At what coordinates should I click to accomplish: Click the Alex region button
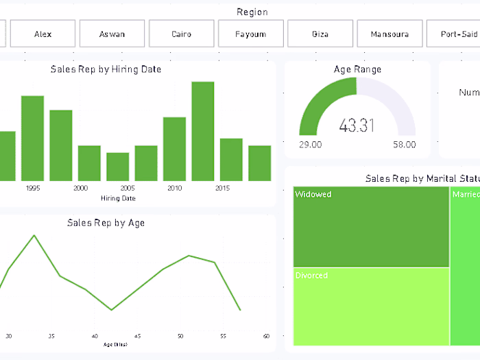pos(43,34)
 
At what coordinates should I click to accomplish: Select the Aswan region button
pos(112,34)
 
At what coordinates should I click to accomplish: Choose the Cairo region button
pos(182,34)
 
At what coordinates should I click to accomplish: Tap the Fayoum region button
pos(251,34)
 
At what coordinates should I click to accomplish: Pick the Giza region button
pos(320,34)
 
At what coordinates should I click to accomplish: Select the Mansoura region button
pos(389,34)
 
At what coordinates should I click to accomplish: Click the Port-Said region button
pos(453,34)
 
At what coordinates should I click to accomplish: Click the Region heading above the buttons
pos(252,12)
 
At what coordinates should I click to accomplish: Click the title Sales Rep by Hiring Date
pos(106,69)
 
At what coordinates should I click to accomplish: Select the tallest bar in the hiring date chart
pos(203,131)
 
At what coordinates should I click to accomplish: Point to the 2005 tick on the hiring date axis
pos(127,188)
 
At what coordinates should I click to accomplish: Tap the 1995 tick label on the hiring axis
pos(32,188)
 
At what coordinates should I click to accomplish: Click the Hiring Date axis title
pos(118,198)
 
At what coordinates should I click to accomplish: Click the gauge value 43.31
pos(357,125)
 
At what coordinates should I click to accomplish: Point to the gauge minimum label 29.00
pos(310,145)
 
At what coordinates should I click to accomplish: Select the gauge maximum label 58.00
pos(404,145)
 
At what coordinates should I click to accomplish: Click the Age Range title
pos(357,69)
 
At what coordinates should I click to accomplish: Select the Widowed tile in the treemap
pos(371,226)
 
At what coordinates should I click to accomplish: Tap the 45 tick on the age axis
pos(137,337)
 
